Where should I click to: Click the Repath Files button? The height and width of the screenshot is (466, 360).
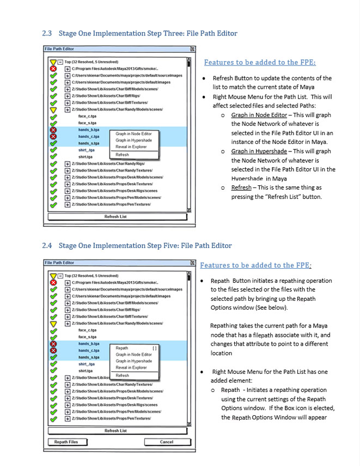tap(66, 441)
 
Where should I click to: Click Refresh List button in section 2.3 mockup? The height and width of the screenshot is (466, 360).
tap(115, 216)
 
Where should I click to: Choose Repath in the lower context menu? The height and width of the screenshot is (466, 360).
tap(122, 348)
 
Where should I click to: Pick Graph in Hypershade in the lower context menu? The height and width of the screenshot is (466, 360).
tap(133, 361)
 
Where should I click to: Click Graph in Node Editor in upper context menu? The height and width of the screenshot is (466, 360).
tap(133, 134)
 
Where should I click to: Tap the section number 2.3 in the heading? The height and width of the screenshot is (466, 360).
tap(46, 34)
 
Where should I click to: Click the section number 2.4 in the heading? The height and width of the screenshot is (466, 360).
tap(46, 246)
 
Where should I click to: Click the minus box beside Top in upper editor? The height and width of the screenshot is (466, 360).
tap(60, 62)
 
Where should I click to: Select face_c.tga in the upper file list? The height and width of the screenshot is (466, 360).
tap(88, 116)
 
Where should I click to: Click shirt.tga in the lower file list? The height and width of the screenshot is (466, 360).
tap(85, 371)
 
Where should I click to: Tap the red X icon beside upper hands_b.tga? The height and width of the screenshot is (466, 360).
tap(53, 130)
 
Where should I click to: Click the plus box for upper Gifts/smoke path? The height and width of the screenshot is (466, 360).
tap(67, 69)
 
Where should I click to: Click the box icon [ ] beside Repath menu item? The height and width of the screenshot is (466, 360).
tap(155, 348)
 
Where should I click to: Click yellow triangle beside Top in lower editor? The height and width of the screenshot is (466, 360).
tap(53, 276)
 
